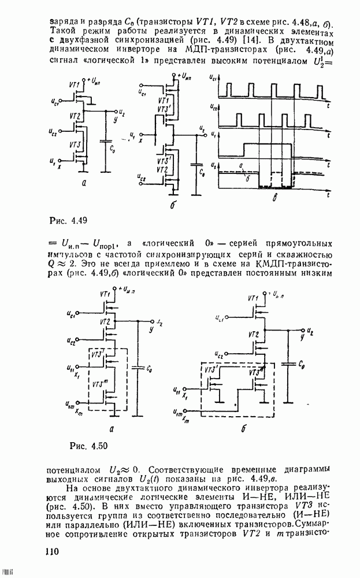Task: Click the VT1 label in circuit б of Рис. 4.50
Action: tap(253, 298)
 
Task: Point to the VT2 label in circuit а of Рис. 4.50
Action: tap(105, 321)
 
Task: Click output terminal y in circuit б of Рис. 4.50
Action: tap(302, 339)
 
